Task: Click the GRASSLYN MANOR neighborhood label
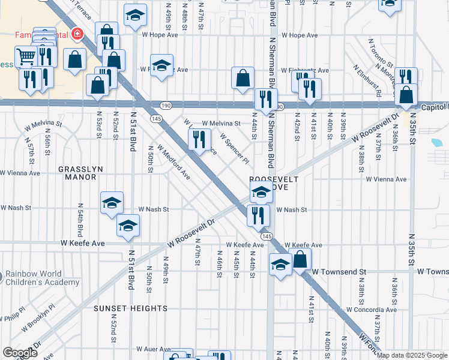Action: pyautogui.click(x=77, y=173)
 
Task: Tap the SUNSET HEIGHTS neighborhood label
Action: pyautogui.click(x=130, y=308)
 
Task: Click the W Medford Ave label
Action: pyautogui.click(x=173, y=162)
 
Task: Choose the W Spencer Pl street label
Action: pyautogui.click(x=234, y=148)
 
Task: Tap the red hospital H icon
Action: pyautogui.click(x=77, y=34)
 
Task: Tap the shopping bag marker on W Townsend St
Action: pyautogui.click(x=301, y=259)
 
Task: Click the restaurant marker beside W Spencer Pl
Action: pyautogui.click(x=199, y=139)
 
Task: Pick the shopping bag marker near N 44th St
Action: pyautogui.click(x=243, y=77)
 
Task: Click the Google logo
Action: pyautogui.click(x=20, y=353)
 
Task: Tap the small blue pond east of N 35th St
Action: pyautogui.click(x=436, y=143)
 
